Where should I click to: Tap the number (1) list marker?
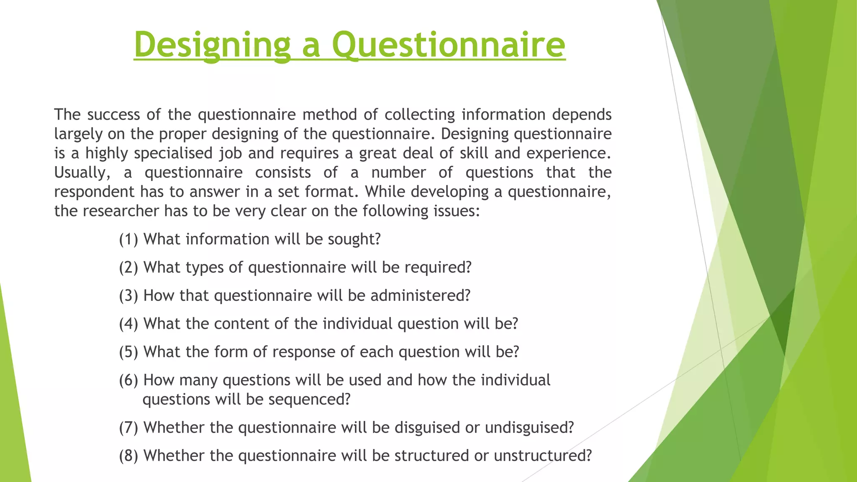click(128, 239)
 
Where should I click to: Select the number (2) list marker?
click(128, 267)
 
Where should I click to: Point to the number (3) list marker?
click(128, 296)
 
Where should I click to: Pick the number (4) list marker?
click(128, 324)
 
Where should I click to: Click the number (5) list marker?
click(128, 352)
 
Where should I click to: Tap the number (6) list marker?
click(128, 380)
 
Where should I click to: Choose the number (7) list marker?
click(128, 428)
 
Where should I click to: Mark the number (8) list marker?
click(128, 456)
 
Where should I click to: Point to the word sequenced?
click(309, 400)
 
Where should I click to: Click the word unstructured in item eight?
click(543, 456)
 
